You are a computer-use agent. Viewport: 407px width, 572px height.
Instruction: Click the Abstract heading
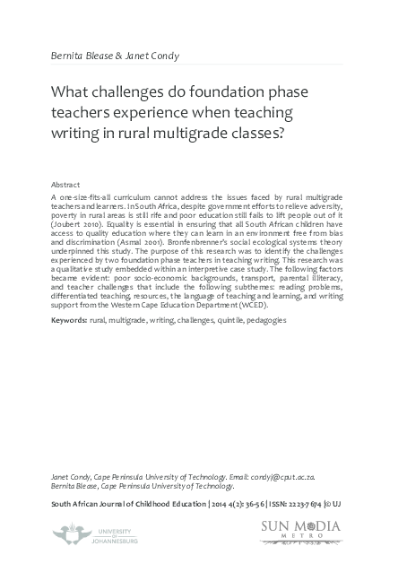click(x=66, y=181)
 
